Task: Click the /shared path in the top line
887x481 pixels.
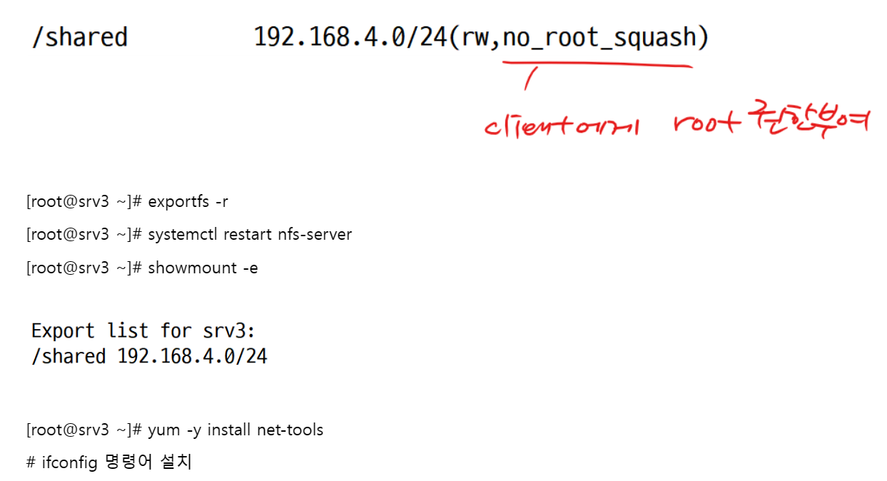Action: click(79, 37)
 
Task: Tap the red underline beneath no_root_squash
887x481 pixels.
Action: click(597, 65)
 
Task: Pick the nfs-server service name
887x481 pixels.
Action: click(315, 234)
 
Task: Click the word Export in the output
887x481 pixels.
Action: click(64, 331)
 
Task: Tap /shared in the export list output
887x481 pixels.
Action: click(69, 356)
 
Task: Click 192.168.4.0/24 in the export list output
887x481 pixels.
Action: click(192, 356)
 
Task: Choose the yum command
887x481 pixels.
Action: click(161, 430)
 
